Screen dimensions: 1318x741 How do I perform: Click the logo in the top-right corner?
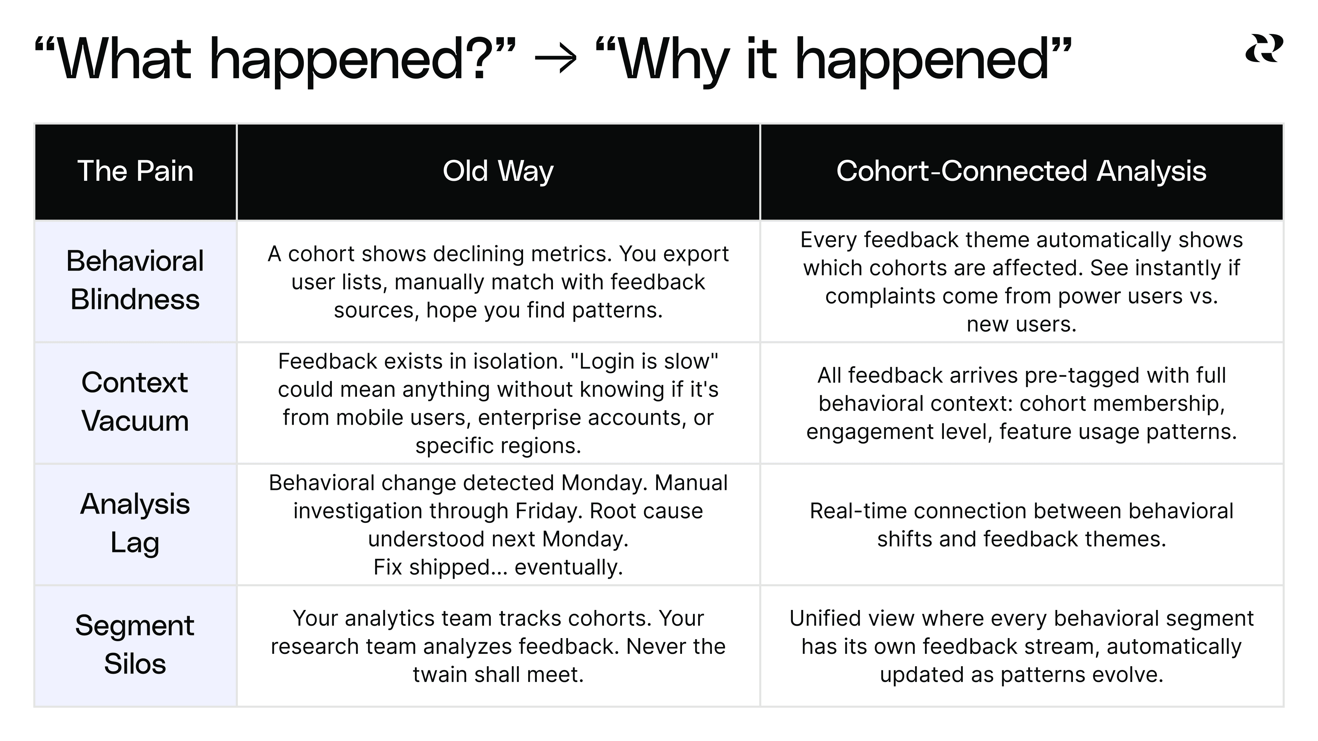coord(1264,49)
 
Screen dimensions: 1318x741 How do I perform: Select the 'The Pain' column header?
coord(135,171)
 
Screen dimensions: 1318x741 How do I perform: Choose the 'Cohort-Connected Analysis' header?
coord(1021,171)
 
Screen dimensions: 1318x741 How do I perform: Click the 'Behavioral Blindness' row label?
coord(135,280)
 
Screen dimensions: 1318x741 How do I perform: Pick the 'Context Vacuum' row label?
coord(135,402)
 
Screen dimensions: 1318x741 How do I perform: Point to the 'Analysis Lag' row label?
coord(135,523)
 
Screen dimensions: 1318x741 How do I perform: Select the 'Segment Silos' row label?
coord(135,645)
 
